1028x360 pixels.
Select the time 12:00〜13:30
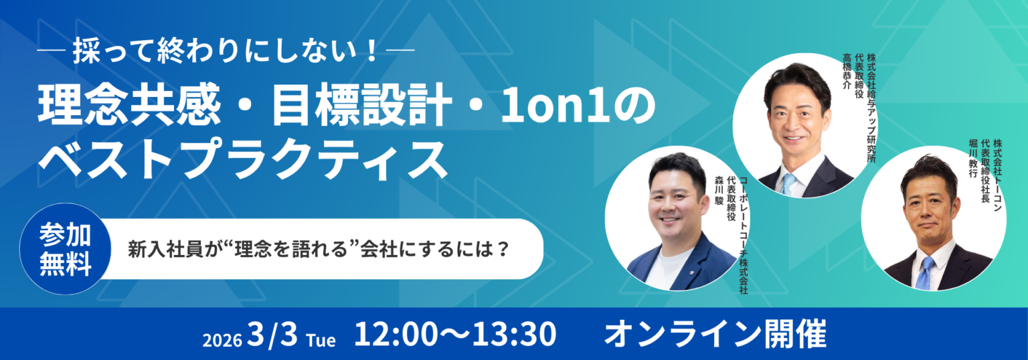(455, 334)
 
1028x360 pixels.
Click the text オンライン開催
(715, 334)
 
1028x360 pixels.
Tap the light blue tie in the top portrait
(788, 183)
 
